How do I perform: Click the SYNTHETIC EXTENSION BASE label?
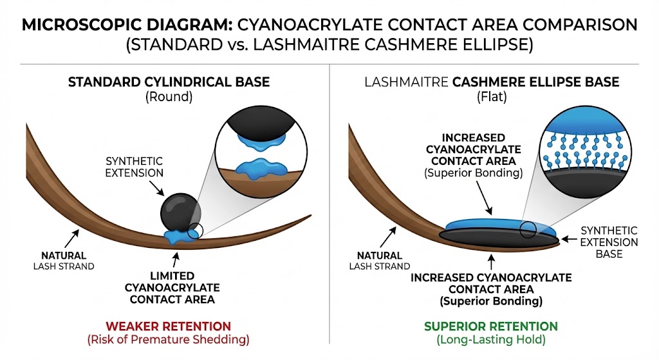(x=609, y=242)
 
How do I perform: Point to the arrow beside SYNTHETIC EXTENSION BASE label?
(x=570, y=239)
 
